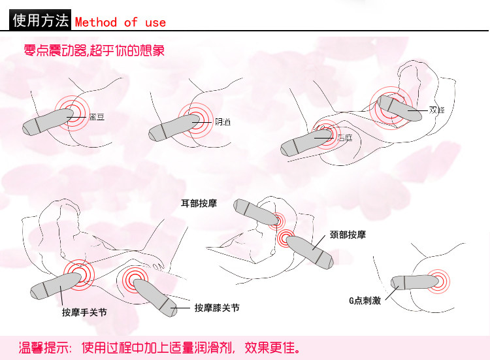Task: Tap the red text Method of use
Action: (x=120, y=22)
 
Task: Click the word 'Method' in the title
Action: (x=95, y=22)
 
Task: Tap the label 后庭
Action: (x=345, y=139)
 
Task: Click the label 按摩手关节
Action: (x=84, y=312)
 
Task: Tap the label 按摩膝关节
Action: (x=217, y=307)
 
